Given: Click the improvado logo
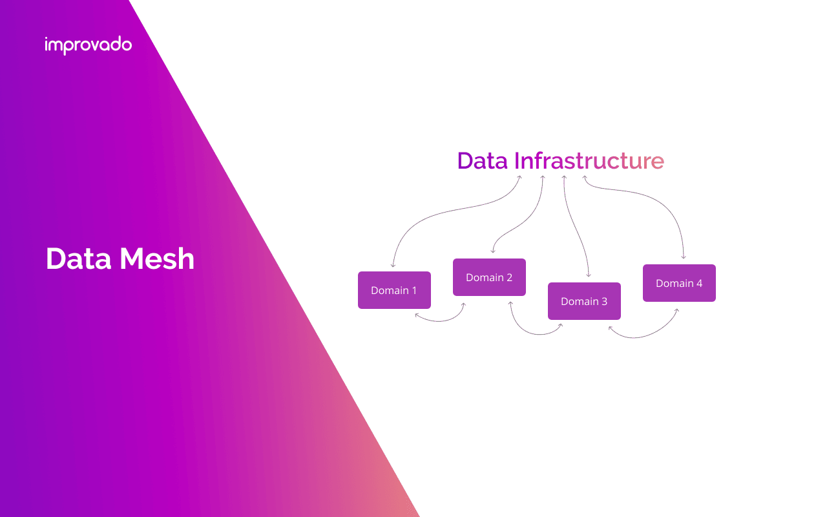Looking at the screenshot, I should (89, 45).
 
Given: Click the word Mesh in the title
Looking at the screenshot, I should (157, 258).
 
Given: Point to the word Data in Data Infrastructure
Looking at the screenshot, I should (482, 160).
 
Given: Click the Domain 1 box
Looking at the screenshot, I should (394, 290).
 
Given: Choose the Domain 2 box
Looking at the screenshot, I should (489, 277).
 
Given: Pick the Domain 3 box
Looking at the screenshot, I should (584, 301).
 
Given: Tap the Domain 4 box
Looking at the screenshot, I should (679, 283).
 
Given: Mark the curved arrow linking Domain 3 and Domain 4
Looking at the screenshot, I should (643, 336).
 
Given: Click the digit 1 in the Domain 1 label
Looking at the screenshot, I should (414, 290).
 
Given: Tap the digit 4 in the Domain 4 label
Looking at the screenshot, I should (699, 283).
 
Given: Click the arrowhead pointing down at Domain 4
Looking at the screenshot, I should (684, 257).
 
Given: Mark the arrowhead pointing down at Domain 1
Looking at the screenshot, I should (393, 265).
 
